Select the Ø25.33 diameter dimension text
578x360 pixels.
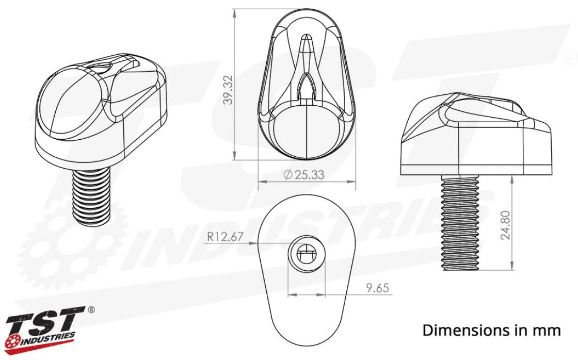304,175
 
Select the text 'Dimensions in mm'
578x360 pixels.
491,330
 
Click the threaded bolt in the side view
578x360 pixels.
461,222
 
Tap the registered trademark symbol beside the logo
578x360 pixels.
91,310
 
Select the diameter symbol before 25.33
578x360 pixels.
287,175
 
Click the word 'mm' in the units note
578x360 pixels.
548,330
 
